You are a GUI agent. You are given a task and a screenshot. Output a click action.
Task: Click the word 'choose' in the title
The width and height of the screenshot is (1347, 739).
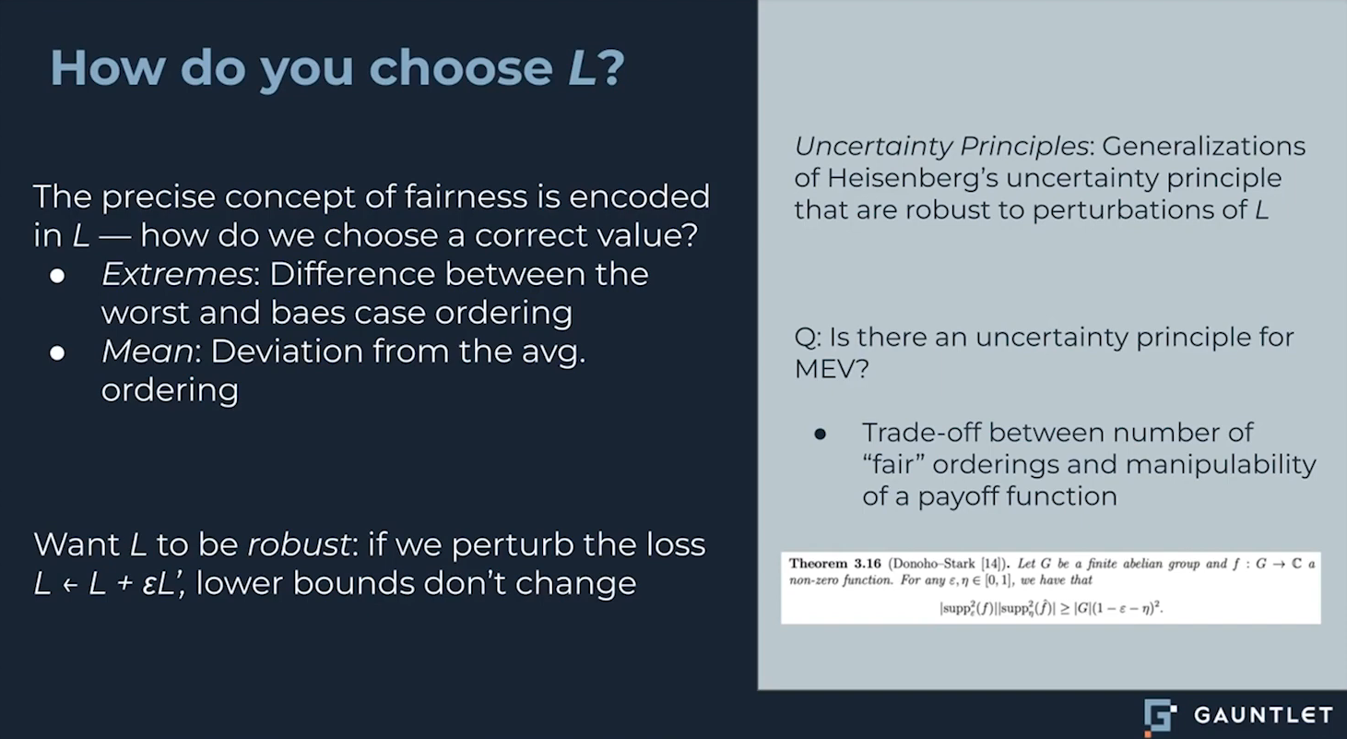(x=461, y=67)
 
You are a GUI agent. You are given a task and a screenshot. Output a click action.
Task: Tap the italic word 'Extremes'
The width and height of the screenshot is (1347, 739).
(x=177, y=274)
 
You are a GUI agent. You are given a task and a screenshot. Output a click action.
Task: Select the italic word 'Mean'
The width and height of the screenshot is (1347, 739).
(x=148, y=352)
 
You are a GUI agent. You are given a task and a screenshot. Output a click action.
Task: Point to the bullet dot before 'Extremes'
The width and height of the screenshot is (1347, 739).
(x=58, y=276)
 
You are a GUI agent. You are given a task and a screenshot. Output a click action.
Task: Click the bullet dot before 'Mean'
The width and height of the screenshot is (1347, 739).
(x=58, y=352)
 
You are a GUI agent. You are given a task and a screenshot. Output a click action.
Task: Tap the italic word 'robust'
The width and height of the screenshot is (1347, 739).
(x=299, y=544)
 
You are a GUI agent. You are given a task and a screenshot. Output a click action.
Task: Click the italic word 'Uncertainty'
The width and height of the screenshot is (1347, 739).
(x=873, y=147)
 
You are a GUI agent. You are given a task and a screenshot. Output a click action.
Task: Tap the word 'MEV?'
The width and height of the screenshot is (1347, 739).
(x=832, y=368)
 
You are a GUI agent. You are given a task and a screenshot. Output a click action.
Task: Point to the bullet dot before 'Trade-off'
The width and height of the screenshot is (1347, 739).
(x=821, y=434)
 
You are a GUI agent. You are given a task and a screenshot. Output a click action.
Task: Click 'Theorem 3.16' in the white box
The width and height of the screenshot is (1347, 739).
(x=834, y=564)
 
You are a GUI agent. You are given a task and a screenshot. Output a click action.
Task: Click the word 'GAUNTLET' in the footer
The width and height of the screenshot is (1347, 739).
(x=1263, y=715)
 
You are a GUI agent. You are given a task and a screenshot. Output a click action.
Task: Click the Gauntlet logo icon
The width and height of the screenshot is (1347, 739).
(x=1160, y=717)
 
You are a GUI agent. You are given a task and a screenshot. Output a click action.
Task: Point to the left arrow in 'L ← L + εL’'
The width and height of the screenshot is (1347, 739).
(x=70, y=585)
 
